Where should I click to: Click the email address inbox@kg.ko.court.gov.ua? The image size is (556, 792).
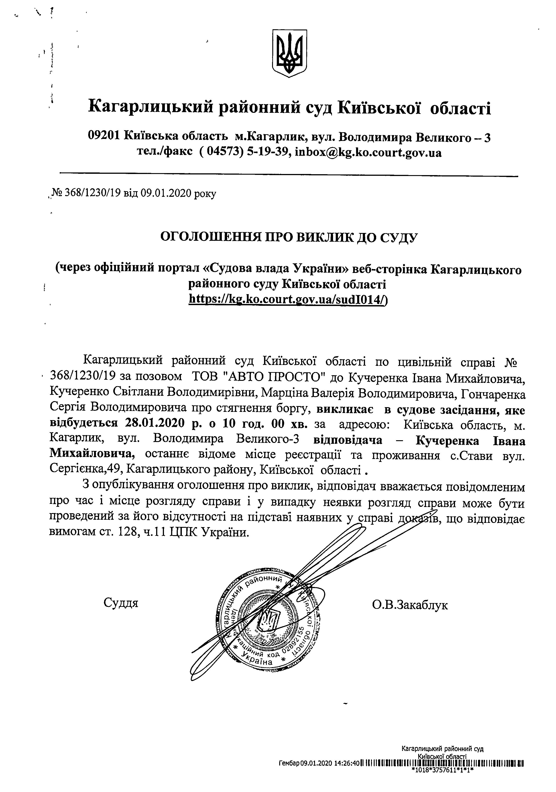click(368, 153)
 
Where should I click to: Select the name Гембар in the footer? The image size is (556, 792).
click(289, 780)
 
